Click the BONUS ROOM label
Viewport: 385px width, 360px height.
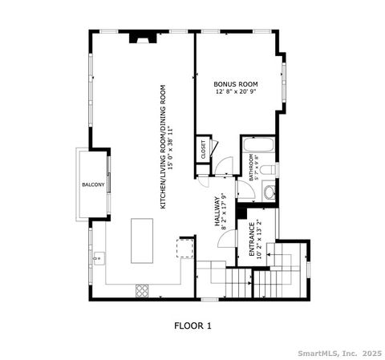[x=235, y=83]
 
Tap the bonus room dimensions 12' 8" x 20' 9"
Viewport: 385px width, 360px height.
[x=235, y=92]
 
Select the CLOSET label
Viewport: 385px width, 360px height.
[x=203, y=148]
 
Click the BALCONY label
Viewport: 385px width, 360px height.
[x=92, y=185]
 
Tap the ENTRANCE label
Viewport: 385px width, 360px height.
[x=250, y=240]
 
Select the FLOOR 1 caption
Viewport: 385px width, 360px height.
[x=192, y=326]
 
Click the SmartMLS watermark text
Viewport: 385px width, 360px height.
[x=337, y=352]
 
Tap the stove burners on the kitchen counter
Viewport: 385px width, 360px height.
[x=142, y=289]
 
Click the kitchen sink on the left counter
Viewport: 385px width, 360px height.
[x=99, y=258]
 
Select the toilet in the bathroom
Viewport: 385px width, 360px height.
[x=270, y=170]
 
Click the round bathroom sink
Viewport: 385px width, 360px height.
[x=269, y=191]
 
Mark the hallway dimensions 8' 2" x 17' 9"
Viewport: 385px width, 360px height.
[x=225, y=215]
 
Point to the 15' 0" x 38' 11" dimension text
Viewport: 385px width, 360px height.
[x=171, y=148]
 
